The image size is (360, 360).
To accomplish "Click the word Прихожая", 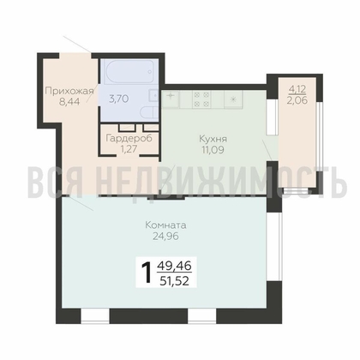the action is (69, 92).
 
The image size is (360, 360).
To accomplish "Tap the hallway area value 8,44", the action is (69, 102).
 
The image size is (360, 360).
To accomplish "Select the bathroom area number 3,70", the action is (119, 99).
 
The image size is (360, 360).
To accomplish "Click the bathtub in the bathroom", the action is (129, 73).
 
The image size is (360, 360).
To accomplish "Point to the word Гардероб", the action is (129, 139).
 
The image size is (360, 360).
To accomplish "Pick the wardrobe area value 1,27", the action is (129, 148).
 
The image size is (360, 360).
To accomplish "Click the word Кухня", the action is (213, 140).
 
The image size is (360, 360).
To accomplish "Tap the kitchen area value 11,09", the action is (213, 149).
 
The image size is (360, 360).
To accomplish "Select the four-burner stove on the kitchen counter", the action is (201, 99).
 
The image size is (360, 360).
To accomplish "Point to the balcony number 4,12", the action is (297, 89).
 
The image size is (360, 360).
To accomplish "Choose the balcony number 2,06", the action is (297, 100).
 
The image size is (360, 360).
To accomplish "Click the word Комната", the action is (165, 225).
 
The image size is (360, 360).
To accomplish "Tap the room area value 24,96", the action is (165, 236).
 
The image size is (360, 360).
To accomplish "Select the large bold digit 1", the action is (147, 273).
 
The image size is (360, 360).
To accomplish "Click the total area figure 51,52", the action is (174, 282).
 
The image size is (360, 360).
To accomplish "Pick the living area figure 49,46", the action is (174, 267).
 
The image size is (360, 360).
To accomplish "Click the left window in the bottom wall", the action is (95, 316).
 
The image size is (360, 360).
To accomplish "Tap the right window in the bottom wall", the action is (202, 316).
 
